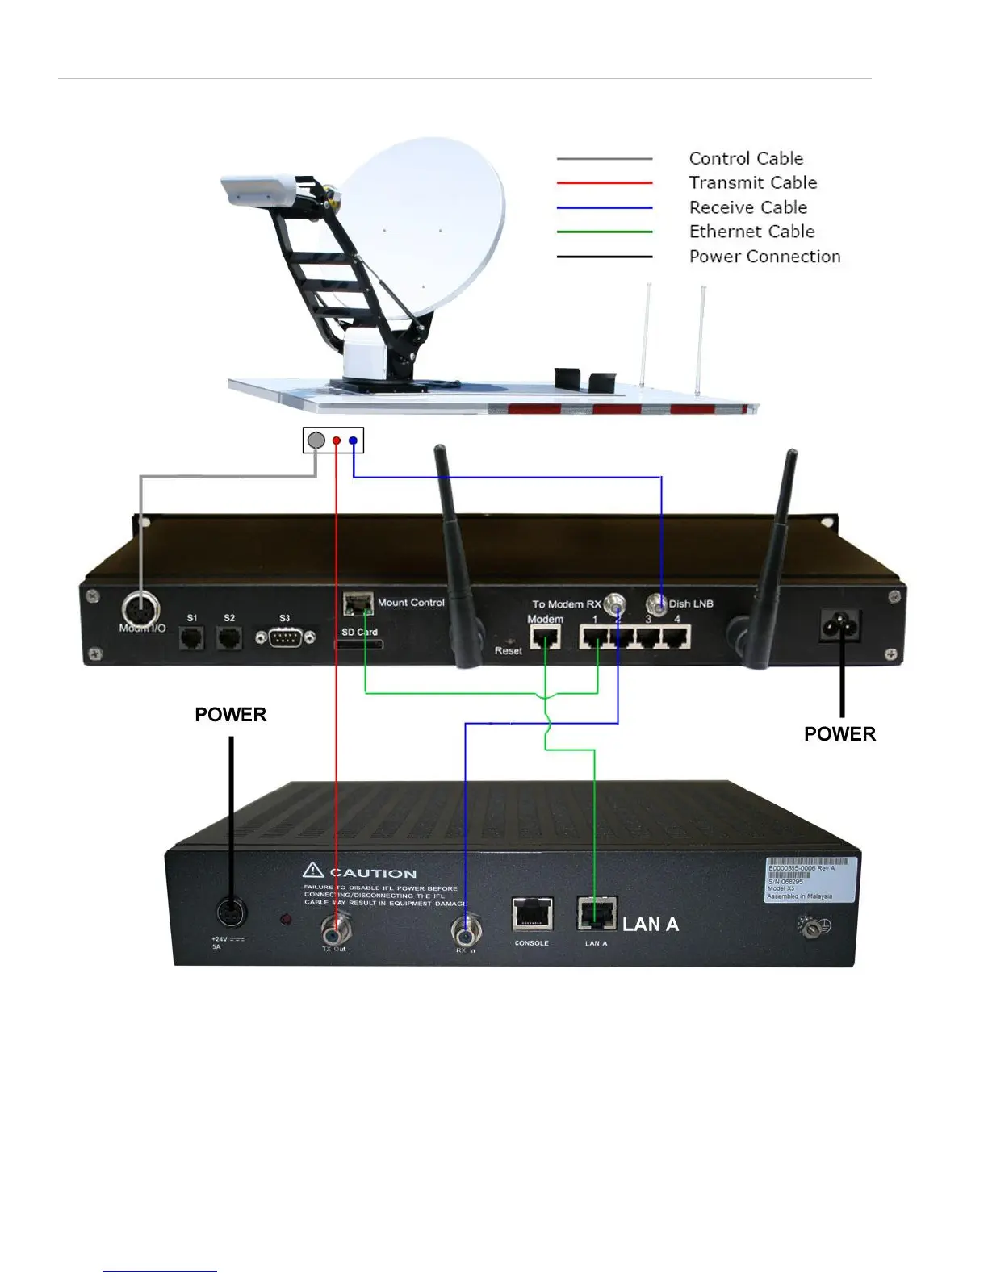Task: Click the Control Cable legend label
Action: tap(746, 158)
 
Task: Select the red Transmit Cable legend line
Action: tap(604, 183)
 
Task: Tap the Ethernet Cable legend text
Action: tap(751, 232)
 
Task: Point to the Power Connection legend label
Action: tap(764, 257)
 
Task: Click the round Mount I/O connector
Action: tap(140, 609)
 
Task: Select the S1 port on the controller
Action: tap(192, 637)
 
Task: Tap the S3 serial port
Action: tap(285, 638)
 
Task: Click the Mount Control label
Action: tap(411, 603)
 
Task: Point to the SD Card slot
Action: tap(359, 645)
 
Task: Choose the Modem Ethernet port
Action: tap(545, 638)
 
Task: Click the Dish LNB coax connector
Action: tap(658, 604)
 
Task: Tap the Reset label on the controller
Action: tap(509, 650)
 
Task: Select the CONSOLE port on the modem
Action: tap(532, 914)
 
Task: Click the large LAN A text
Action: tap(651, 925)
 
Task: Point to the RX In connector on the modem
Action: tap(465, 933)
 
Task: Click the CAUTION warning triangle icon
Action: tap(313, 871)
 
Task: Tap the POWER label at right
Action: tap(839, 734)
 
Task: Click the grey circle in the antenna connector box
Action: tap(316, 441)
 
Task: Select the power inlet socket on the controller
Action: tap(840, 624)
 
